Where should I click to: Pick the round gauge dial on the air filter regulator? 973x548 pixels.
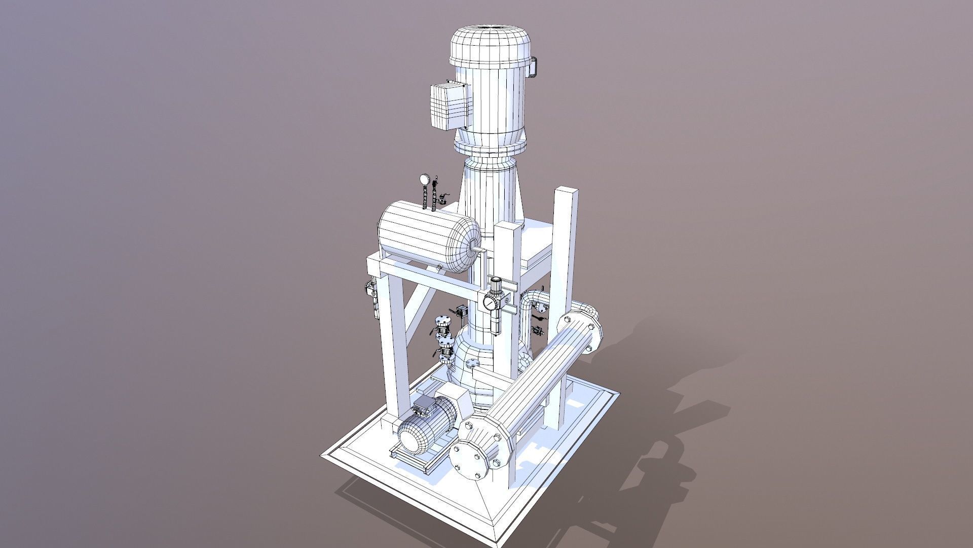click(490, 303)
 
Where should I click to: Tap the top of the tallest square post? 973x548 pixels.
click(566, 192)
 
